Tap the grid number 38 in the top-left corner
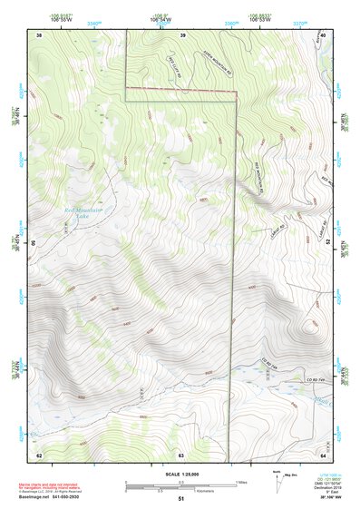pyautogui.click(x=39, y=34)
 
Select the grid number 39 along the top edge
pyautogui.click(x=182, y=34)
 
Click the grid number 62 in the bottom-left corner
pyautogui.click(x=39, y=454)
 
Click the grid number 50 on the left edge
pyautogui.click(x=35, y=244)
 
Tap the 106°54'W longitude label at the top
pyautogui.click(x=161, y=19)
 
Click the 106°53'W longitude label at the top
pyautogui.click(x=262, y=19)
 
